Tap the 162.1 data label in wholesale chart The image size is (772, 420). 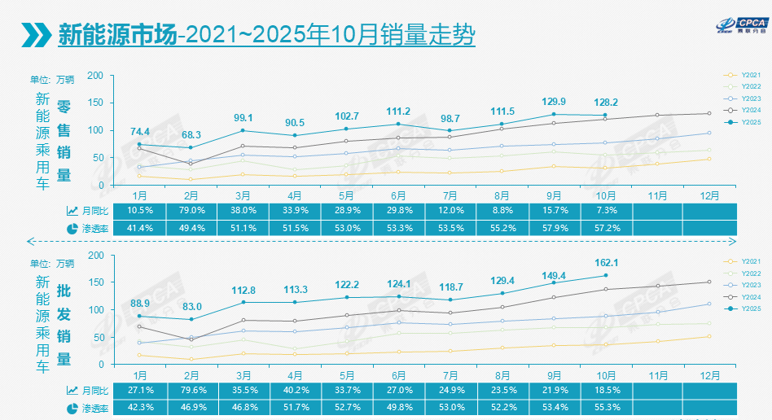tap(604, 262)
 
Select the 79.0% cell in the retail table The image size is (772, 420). tap(191, 211)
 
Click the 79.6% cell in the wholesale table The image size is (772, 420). tap(191, 391)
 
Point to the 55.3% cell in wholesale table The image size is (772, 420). tap(604, 408)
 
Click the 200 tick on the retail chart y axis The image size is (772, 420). tap(95, 76)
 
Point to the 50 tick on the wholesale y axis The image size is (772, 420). tap(98, 337)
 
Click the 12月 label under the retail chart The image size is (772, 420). tap(709, 195)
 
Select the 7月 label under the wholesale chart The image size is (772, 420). tap(449, 375)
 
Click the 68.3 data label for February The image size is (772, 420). tap(191, 134)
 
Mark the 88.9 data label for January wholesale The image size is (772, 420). tap(139, 303)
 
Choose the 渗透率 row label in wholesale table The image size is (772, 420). tap(88, 408)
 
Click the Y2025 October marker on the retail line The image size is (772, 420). tap(604, 116)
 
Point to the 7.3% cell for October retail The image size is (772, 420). tap(604, 211)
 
